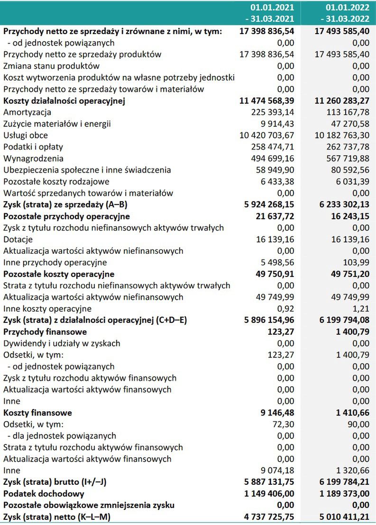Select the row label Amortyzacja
[27, 112]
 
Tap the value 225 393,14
[273, 112]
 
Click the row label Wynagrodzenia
[33, 159]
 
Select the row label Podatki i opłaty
[33, 147]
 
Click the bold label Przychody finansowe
[45, 332]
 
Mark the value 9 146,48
[277, 413]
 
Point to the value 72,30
[283, 424]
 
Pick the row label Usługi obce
[26, 135]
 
